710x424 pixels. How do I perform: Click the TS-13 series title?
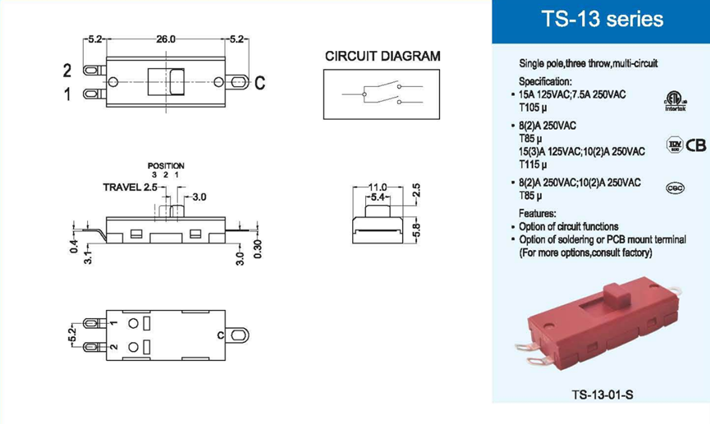tap(602, 20)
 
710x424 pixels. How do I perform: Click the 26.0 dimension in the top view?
tap(165, 39)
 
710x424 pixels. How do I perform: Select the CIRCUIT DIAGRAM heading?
tap(382, 57)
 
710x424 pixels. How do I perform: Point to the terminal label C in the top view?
tap(259, 84)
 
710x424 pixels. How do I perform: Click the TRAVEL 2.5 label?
tap(130, 187)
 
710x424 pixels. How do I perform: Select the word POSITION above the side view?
tap(166, 166)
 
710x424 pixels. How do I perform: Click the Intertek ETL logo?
tap(673, 103)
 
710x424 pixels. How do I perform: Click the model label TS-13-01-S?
tap(602, 394)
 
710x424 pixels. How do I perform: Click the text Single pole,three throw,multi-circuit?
tap(589, 63)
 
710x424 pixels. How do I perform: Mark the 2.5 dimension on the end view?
tap(416, 191)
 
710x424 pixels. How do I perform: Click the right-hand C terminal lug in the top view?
tap(239, 83)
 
